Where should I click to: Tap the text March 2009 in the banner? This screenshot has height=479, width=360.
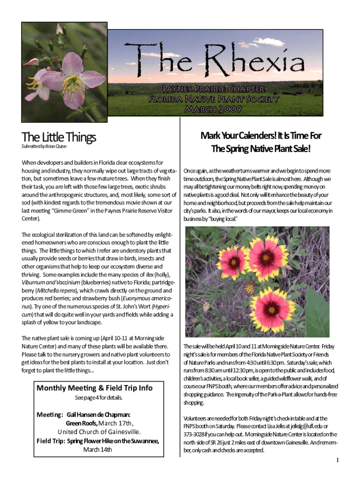pos(213,109)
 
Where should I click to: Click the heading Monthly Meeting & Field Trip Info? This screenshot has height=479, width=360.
pos(94,388)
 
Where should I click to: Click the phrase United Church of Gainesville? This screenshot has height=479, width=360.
pos(99,432)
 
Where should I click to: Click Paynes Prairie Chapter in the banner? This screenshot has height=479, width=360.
pos(213,89)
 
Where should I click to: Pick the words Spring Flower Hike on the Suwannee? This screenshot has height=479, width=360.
pos(113,441)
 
